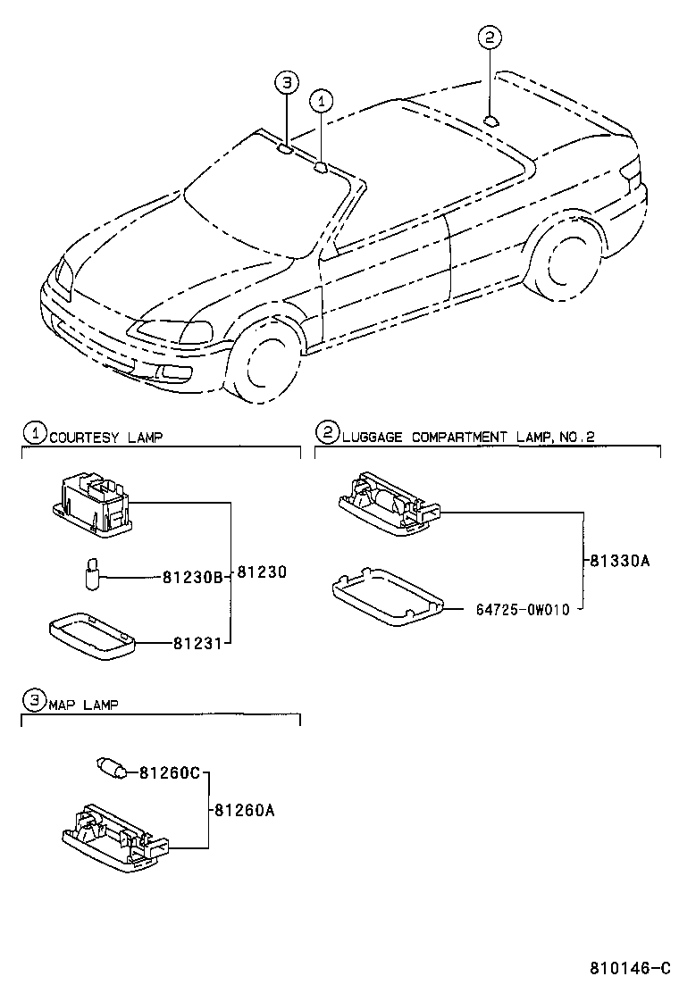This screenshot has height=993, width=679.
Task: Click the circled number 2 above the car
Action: point(490,38)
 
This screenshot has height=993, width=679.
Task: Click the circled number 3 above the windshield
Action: point(285,83)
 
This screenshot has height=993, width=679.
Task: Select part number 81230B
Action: point(191,576)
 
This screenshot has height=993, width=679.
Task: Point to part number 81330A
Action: point(619,562)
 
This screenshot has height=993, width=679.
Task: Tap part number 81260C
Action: point(168,772)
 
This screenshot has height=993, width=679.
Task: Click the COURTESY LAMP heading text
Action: point(105,437)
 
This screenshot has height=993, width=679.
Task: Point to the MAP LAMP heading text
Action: point(83,704)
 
